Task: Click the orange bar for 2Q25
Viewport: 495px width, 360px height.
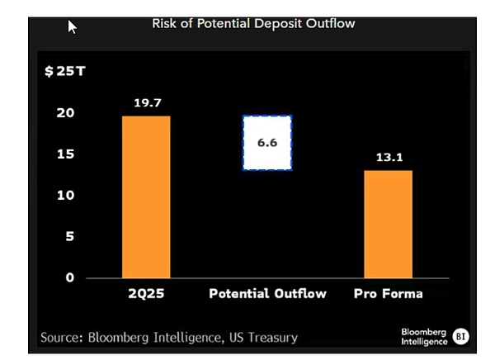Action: (x=146, y=197)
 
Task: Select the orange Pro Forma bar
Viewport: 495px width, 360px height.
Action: (x=388, y=224)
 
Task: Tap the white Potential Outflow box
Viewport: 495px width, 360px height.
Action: (x=266, y=143)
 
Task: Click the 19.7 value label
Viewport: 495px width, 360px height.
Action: (x=146, y=103)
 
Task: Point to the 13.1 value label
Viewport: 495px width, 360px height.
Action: (x=388, y=159)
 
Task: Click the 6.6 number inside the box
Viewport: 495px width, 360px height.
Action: (x=266, y=143)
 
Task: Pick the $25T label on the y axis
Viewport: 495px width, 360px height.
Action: (x=64, y=71)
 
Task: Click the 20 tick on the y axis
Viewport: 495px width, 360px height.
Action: (x=65, y=113)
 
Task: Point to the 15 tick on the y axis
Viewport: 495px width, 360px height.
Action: (x=65, y=154)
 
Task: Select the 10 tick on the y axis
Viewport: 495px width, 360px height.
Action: (x=65, y=196)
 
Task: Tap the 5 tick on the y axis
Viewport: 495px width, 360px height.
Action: (x=69, y=237)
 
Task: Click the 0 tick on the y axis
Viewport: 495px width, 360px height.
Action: (x=69, y=277)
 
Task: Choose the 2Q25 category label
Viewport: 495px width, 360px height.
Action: (x=146, y=294)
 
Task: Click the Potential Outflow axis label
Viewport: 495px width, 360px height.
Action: (x=267, y=294)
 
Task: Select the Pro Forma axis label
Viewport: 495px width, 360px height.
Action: (x=388, y=294)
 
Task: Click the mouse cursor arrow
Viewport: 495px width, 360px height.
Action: (x=72, y=26)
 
